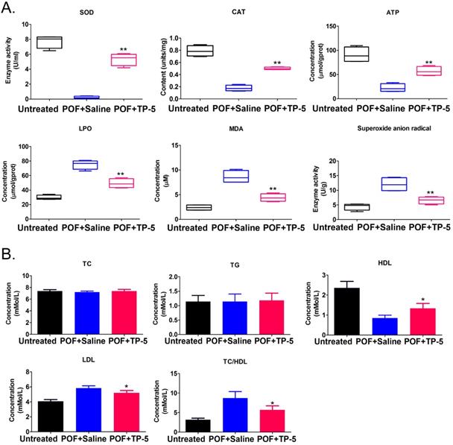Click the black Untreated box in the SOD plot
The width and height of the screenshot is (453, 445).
coord(50,42)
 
